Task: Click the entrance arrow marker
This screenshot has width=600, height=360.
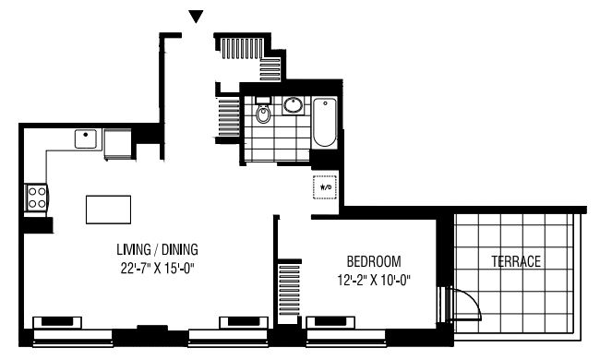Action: tap(196, 17)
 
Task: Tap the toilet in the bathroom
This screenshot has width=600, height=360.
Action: tap(263, 110)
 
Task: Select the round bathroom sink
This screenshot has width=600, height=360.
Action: tap(294, 105)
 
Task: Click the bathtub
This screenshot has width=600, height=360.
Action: tap(325, 123)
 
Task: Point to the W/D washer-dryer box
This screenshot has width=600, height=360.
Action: tap(325, 187)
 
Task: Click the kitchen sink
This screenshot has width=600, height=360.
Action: tap(86, 138)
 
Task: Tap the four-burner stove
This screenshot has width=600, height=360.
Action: tap(37, 198)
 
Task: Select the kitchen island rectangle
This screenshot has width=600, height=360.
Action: tap(108, 210)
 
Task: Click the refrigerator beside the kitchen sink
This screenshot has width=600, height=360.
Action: tap(118, 144)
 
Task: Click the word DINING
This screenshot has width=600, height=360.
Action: tap(180, 249)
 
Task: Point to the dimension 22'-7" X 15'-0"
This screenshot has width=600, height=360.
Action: tap(158, 269)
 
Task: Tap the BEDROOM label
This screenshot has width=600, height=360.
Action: tap(374, 261)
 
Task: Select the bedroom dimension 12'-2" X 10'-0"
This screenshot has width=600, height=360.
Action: tap(374, 281)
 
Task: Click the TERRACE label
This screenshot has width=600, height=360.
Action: tap(516, 261)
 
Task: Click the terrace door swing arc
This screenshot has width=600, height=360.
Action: tap(473, 300)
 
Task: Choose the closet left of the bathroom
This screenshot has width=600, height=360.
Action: tap(228, 117)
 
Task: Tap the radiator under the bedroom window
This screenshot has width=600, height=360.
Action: tap(330, 322)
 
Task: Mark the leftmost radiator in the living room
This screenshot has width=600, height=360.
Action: tap(57, 322)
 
